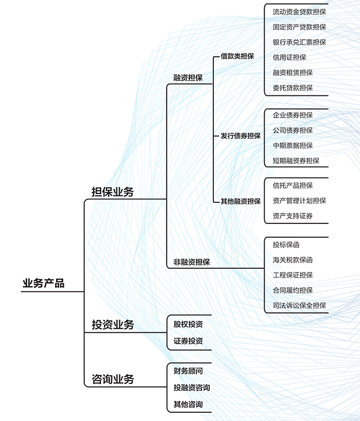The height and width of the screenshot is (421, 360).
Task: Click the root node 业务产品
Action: coord(43,284)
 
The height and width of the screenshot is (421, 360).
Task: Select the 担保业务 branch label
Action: coord(113,192)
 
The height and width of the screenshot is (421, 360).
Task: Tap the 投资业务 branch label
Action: coord(113,325)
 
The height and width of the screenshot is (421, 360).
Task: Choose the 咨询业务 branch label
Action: coord(113,379)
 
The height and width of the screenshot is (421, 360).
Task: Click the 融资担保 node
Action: coord(188,78)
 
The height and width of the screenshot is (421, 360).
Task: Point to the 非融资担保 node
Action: coord(192,262)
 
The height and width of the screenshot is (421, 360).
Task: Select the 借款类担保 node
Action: coord(237,57)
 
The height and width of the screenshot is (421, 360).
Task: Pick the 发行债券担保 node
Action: coord(240,136)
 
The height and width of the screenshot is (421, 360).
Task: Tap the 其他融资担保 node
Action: coord(240,201)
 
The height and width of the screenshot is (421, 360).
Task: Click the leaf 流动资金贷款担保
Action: coord(299,12)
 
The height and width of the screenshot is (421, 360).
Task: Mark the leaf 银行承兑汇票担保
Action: coord(299,42)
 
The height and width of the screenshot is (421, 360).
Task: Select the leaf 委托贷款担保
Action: coord(293,88)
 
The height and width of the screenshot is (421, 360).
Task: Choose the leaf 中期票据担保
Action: coord(293,146)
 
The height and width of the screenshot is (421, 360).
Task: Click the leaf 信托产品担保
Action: coord(293,185)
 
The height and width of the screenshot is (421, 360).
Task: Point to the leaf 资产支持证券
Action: coord(293,216)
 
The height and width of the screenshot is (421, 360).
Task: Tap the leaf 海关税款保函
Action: coord(293,260)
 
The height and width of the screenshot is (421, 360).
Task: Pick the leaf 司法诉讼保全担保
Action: coord(299,305)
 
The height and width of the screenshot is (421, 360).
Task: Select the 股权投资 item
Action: coord(188,324)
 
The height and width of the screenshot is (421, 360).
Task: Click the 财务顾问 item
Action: coord(188,371)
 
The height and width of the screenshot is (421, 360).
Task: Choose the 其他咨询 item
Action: coord(188,405)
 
